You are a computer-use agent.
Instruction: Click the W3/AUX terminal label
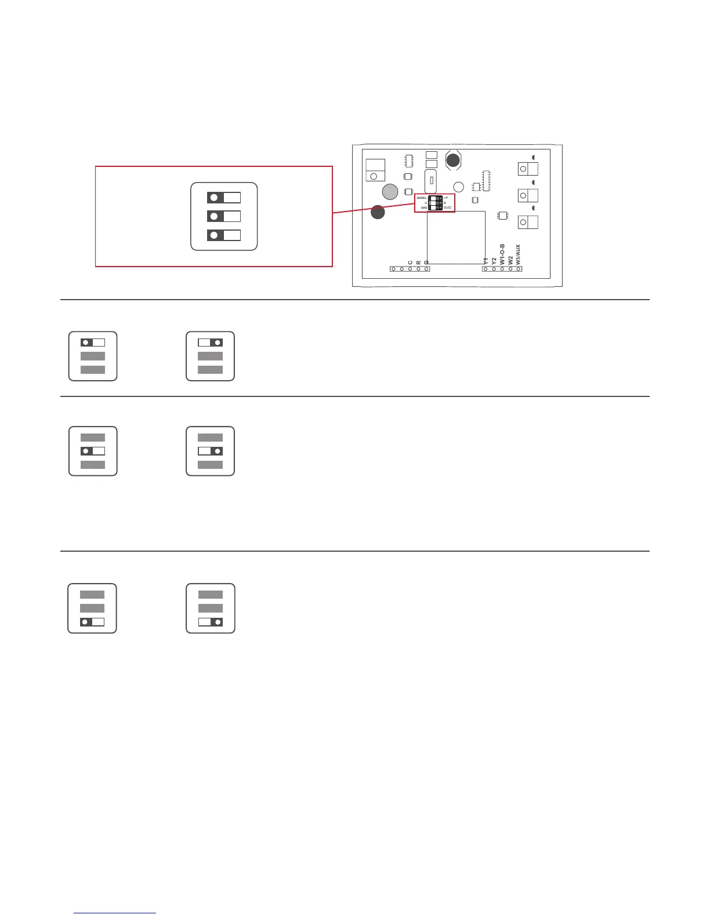[x=518, y=254]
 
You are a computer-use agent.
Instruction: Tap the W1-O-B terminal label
[x=502, y=254]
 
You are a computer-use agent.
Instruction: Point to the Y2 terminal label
[x=494, y=261]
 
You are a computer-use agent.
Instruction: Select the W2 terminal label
[x=510, y=260]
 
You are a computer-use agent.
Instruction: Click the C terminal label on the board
[x=410, y=263]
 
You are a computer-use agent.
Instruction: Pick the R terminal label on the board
[x=418, y=263]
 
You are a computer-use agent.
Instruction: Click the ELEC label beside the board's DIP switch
[x=448, y=207]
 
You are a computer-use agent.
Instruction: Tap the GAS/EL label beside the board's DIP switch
[x=422, y=198]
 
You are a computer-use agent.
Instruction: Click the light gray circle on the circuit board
[x=390, y=192]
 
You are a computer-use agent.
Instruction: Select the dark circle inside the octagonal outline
[x=453, y=160]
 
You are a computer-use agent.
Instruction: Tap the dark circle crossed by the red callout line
[x=378, y=213]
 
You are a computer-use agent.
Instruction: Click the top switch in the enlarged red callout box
[x=224, y=198]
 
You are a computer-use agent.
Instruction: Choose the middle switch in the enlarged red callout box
[x=224, y=216]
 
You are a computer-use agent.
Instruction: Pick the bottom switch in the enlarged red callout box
[x=224, y=235]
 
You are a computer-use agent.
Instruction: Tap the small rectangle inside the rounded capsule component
[x=431, y=181]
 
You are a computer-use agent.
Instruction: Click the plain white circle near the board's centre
[x=458, y=187]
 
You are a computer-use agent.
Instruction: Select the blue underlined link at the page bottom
[x=115, y=913]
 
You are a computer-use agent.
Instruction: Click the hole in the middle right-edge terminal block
[x=523, y=195]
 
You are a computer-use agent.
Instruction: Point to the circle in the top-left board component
[x=374, y=176]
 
